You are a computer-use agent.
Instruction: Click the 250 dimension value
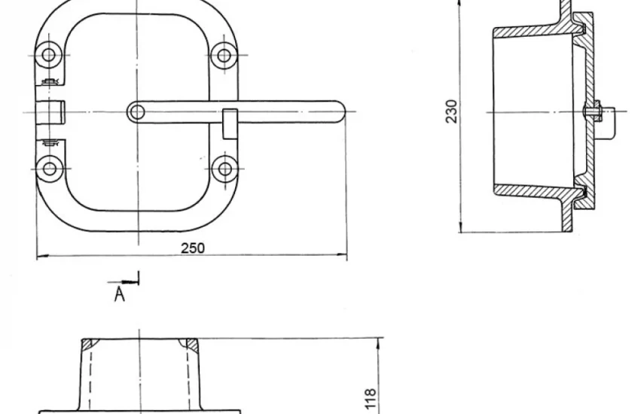(x=193, y=248)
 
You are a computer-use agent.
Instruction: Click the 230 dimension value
(x=451, y=111)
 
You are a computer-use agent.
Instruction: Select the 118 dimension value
(x=370, y=399)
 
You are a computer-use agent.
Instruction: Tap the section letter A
(x=119, y=294)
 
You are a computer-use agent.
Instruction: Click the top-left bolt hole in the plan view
(x=49, y=54)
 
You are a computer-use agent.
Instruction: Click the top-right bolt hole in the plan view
(x=224, y=55)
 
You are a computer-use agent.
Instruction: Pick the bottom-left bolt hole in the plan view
(x=50, y=169)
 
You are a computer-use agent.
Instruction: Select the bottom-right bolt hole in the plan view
(x=224, y=169)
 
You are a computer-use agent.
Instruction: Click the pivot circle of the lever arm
(x=137, y=112)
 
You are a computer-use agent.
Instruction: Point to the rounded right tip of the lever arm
(x=342, y=111)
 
